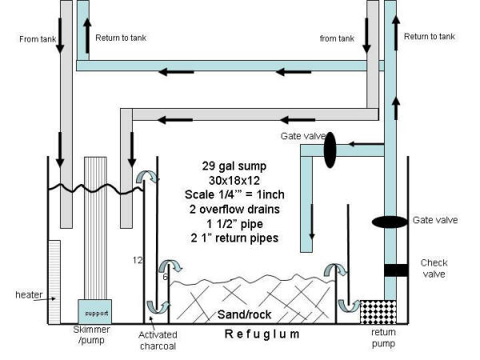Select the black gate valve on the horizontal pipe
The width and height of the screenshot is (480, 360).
coord(330,149)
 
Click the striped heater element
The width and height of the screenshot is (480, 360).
coord(54,282)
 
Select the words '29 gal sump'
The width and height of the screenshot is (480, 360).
coord(230,166)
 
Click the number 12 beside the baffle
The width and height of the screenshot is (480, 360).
coord(137,259)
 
